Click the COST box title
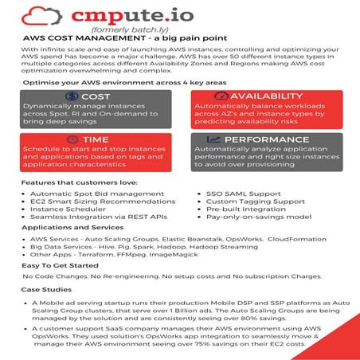click(x=95, y=96)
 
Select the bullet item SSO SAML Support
click(x=245, y=194)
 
